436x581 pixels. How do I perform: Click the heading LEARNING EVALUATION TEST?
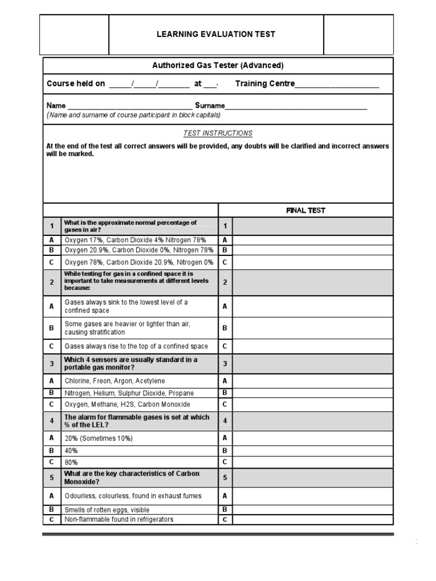(216, 34)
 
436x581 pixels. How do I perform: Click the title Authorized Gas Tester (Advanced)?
(217, 66)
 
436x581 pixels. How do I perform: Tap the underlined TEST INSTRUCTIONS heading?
(217, 133)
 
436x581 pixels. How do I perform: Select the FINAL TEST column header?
(305, 210)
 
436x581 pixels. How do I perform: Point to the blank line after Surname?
(296, 107)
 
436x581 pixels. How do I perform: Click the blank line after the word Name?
(129, 107)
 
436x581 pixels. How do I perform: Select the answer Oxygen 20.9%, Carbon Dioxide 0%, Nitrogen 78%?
(139, 250)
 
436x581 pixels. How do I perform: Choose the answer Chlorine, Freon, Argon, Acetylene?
(115, 381)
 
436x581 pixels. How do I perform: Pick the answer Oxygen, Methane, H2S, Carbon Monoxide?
(127, 405)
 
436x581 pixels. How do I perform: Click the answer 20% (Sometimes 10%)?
(99, 439)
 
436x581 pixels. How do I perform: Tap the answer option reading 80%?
(72, 462)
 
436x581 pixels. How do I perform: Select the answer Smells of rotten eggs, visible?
(107, 510)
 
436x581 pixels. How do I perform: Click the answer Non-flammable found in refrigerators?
(119, 520)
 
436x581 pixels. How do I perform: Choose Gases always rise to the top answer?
(136, 346)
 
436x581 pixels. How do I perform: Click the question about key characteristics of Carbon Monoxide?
(132, 478)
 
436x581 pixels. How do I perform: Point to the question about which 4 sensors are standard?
(131, 364)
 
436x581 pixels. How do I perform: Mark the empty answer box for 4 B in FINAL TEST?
(312, 451)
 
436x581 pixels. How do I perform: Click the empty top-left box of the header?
(74, 35)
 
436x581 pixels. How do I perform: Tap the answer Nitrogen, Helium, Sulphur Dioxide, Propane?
(129, 393)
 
